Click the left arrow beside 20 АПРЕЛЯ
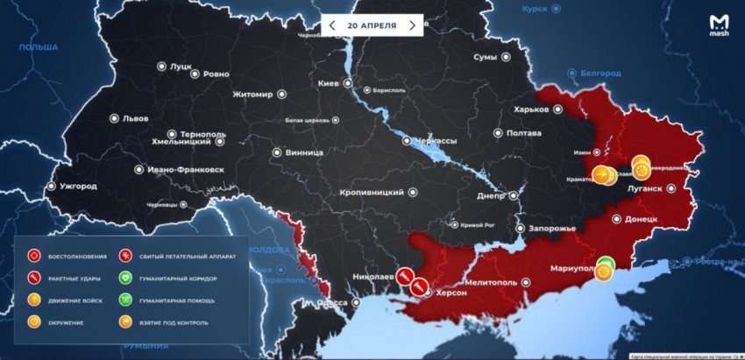coord(332,25)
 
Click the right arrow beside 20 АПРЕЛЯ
coord(412,25)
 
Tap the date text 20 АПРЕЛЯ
coord(372,25)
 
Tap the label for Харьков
coord(531,109)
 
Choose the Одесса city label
coord(330,302)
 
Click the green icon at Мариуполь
coord(606,262)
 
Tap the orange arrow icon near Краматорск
coord(603,174)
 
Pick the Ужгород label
coord(80,187)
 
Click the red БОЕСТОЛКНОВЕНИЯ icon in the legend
coord(34,257)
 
